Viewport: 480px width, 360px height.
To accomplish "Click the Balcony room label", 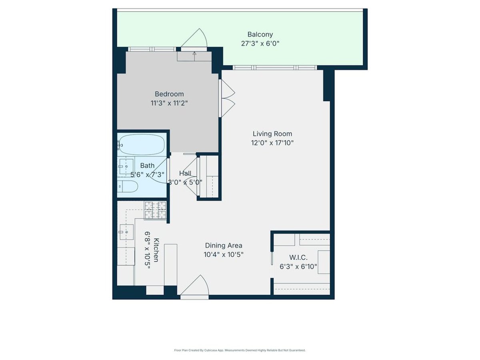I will tap(260, 34).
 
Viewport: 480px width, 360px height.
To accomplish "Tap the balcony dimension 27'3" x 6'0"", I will tap(260, 44).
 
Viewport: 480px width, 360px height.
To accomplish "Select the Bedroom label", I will tap(169, 94).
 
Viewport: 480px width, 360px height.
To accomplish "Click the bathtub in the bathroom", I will tap(142, 145).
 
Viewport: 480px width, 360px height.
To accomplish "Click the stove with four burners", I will tap(155, 210).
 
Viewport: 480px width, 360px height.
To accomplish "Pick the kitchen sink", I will tap(126, 232).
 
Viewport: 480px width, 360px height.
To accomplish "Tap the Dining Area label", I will tap(224, 246).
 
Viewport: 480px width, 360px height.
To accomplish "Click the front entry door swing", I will tap(194, 287).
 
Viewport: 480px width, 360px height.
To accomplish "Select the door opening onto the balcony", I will tap(194, 40).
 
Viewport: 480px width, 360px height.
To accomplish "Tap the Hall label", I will tap(185, 173).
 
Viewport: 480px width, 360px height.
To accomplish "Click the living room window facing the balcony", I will tap(274, 68).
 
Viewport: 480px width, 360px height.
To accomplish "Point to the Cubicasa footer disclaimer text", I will tap(240, 350).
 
